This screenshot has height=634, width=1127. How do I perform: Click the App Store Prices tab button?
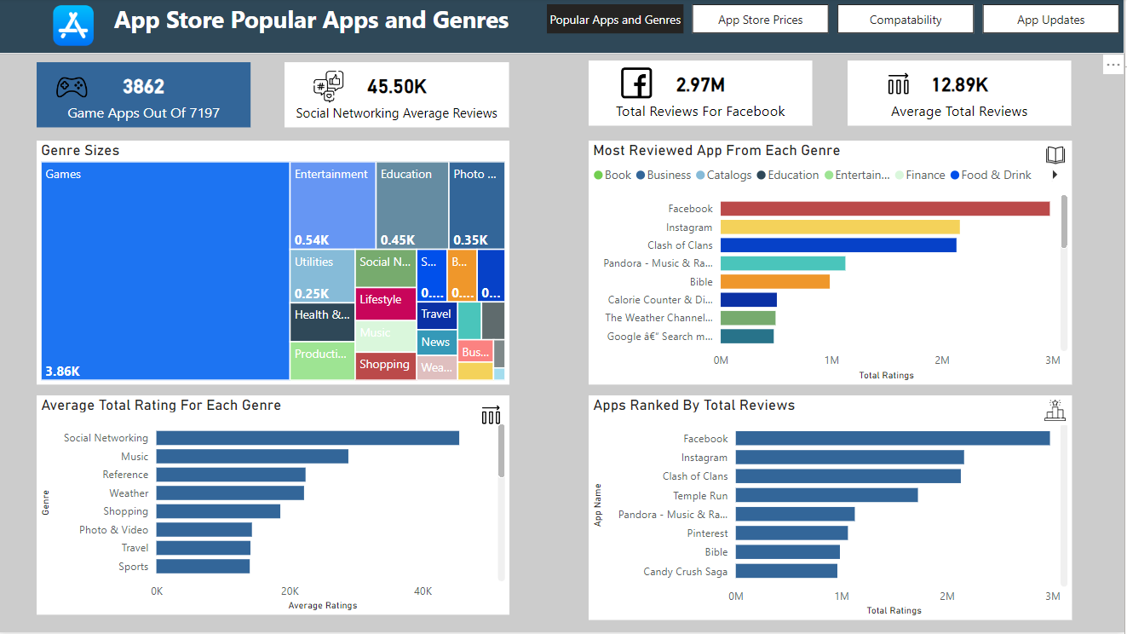[x=760, y=20]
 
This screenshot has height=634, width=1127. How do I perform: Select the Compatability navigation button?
[x=905, y=20]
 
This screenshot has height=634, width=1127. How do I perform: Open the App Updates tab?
[x=1050, y=20]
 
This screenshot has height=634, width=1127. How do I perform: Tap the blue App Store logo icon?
[x=73, y=25]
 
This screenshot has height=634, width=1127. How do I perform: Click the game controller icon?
[x=71, y=87]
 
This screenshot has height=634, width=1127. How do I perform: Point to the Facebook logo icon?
[x=636, y=84]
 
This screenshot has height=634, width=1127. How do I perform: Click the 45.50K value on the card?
[x=396, y=86]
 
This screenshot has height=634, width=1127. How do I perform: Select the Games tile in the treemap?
[x=165, y=271]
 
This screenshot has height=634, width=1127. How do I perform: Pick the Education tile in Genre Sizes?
[x=411, y=205]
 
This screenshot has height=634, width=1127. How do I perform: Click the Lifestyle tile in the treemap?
[x=385, y=303]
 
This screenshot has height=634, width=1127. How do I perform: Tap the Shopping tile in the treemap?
[x=385, y=365]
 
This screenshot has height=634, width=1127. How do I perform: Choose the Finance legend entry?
[x=919, y=176]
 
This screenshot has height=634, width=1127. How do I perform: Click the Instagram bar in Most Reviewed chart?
[x=839, y=228]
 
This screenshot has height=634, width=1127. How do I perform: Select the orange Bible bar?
[x=774, y=282]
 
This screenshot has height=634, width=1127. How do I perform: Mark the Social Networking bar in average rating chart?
[x=307, y=438]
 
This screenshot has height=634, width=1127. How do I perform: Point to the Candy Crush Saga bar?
[x=785, y=571]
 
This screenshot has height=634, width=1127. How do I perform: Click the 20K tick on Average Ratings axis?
[x=290, y=591]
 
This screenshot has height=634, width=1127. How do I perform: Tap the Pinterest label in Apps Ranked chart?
[x=707, y=533]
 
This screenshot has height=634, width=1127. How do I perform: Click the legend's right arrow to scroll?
[x=1055, y=176]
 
